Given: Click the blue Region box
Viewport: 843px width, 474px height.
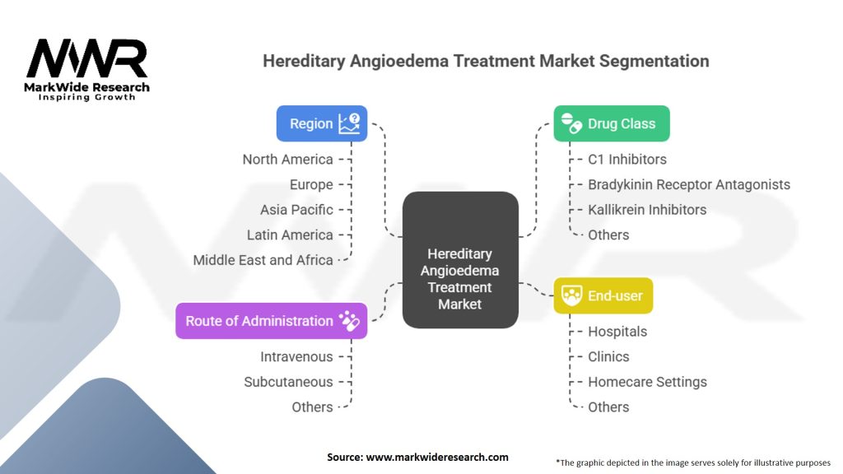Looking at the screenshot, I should (322, 123).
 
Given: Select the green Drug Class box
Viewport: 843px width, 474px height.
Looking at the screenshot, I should (611, 123).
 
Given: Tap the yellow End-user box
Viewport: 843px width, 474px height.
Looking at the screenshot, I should (603, 295).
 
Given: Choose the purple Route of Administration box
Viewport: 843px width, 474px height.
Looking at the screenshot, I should (271, 321).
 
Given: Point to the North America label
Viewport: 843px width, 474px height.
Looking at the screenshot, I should (287, 159).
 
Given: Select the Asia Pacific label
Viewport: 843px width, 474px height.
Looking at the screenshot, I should (296, 210).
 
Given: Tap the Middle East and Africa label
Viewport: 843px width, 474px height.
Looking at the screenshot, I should (263, 260).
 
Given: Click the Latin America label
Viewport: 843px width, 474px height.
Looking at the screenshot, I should (290, 235).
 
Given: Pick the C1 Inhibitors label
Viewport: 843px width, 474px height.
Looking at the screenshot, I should (626, 159).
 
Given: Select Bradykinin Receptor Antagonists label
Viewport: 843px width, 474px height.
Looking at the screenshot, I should (688, 184).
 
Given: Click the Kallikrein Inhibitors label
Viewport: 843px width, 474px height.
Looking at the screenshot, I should (646, 210).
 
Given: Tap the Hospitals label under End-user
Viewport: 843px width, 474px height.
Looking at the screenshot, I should (617, 332).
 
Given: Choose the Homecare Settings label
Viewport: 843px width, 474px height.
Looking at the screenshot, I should (646, 382).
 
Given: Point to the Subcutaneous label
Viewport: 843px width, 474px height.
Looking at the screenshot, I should (288, 382).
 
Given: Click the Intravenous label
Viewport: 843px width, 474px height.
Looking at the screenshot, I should (296, 356).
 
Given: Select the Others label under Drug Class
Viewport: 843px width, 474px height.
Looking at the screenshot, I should (608, 235).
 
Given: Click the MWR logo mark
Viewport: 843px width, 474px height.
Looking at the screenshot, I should (86, 59).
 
